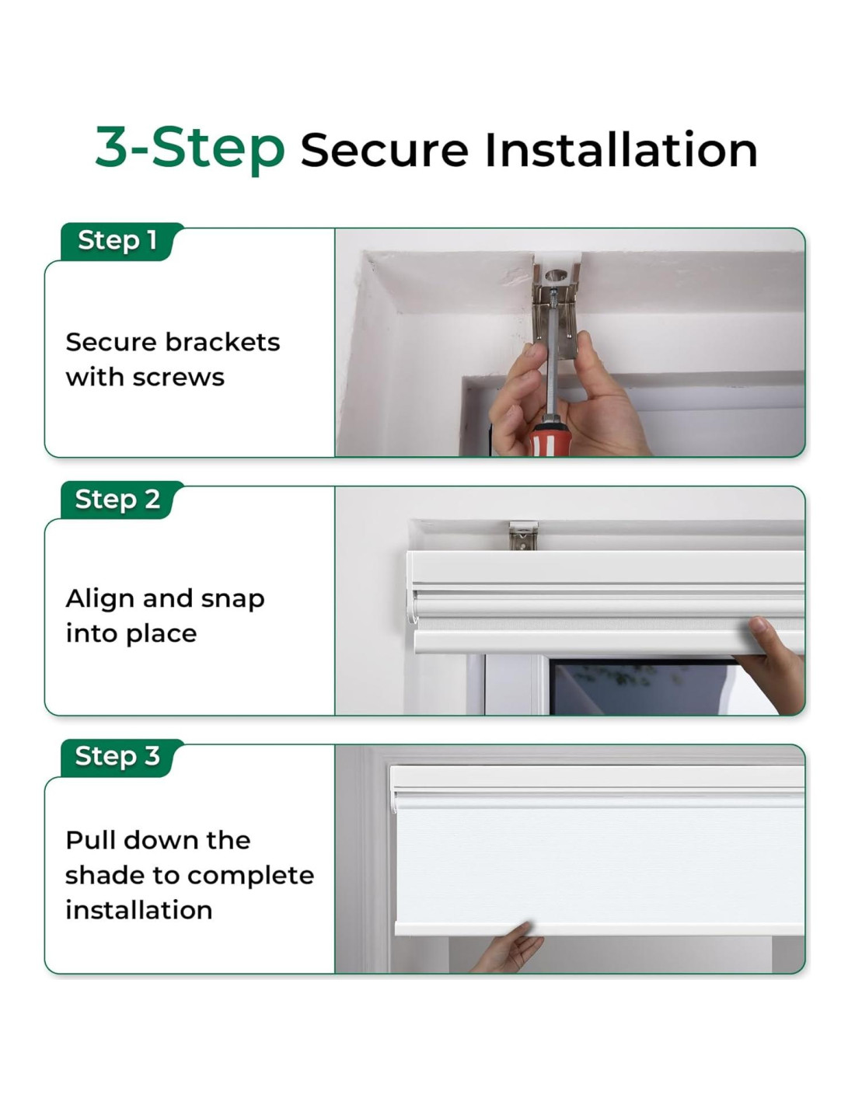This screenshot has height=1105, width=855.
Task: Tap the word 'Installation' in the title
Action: [620, 149]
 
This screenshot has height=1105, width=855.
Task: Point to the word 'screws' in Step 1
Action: [178, 378]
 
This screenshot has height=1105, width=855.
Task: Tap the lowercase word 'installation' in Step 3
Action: [139, 910]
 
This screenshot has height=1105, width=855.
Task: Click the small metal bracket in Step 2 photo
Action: [523, 536]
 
